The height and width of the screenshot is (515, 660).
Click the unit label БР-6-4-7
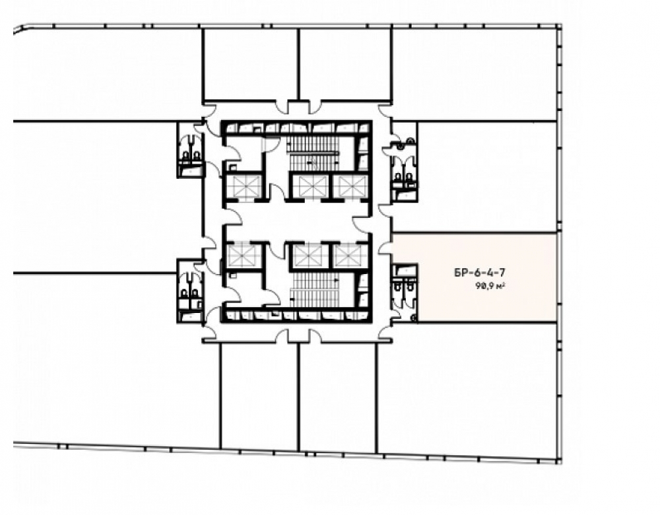(x=479, y=273)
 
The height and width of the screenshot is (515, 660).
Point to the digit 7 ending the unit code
(x=502, y=273)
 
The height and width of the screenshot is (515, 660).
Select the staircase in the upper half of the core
(x=313, y=153)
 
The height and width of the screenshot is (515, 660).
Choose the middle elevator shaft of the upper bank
(x=310, y=186)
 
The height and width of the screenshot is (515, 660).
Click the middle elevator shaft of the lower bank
(x=310, y=256)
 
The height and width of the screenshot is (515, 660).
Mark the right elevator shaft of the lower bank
(x=350, y=256)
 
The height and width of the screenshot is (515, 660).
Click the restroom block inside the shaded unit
(x=405, y=292)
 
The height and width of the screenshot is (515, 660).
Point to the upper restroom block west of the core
(x=190, y=149)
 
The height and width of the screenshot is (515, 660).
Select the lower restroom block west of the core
(x=190, y=291)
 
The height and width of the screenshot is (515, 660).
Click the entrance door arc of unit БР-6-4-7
(x=384, y=248)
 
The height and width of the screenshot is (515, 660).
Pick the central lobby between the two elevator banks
(x=297, y=220)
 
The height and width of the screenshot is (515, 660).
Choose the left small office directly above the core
(x=251, y=65)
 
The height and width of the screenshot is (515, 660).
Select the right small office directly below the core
(x=337, y=396)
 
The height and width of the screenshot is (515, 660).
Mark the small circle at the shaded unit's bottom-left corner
(x=414, y=318)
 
